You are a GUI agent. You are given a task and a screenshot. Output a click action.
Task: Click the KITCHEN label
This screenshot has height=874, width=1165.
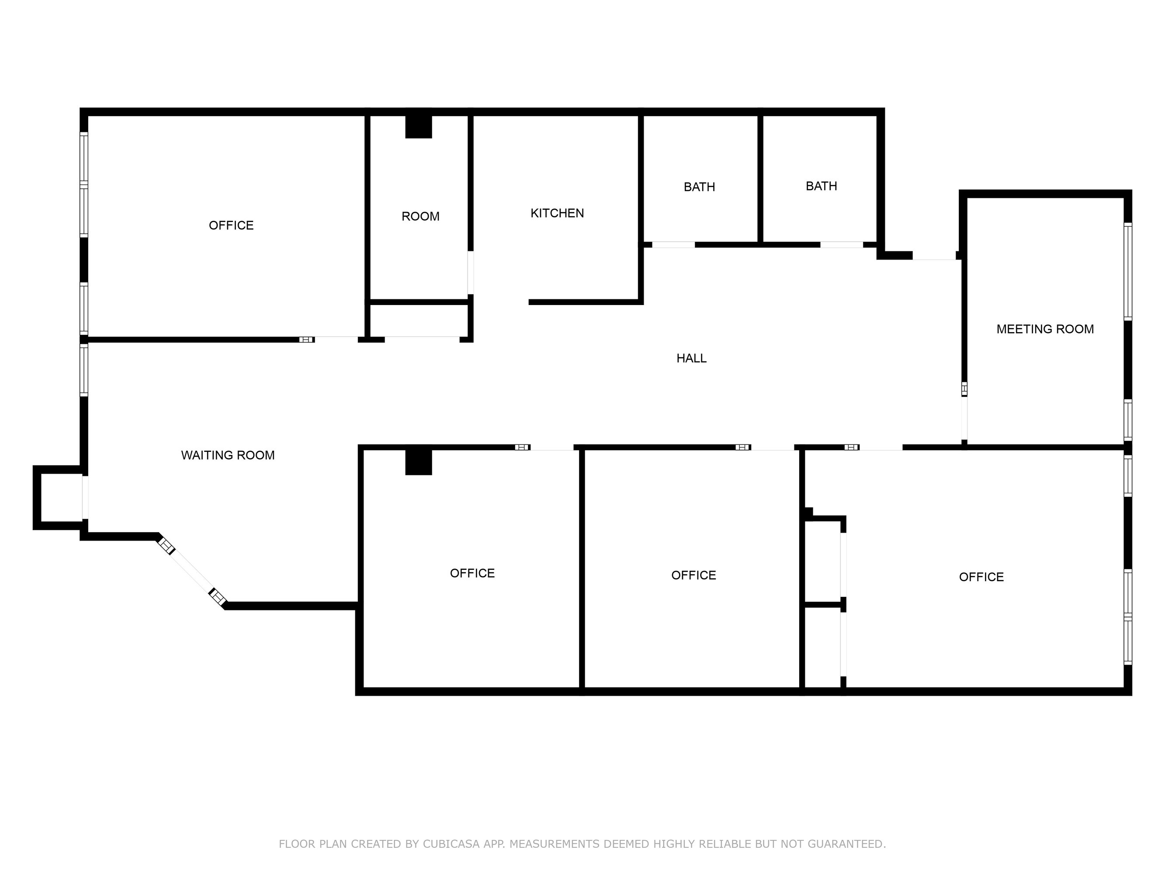[557, 213]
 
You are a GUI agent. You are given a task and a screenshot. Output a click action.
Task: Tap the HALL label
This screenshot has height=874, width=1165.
[691, 358]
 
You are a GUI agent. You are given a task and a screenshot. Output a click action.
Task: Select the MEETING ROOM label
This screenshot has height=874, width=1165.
[1045, 329]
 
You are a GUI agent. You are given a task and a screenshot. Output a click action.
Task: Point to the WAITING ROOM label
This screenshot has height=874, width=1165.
[228, 455]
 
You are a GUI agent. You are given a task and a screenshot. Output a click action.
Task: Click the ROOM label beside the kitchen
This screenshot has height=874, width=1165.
[420, 216]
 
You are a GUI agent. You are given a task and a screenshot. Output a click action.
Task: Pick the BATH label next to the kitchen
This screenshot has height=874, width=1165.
[700, 187]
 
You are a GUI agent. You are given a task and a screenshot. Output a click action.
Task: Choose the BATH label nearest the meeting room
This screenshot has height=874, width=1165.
[821, 186]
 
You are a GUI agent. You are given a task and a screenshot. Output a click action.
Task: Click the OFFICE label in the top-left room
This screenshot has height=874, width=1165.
[231, 225]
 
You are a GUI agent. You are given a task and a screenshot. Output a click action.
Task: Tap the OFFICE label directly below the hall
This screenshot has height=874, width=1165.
[693, 575]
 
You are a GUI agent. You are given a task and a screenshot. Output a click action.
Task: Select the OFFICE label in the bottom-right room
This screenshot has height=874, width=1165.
[981, 577]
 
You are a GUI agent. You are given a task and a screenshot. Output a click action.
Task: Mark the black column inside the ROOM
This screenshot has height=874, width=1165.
[418, 126]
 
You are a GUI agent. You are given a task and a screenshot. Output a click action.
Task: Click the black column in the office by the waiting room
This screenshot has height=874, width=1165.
[418, 462]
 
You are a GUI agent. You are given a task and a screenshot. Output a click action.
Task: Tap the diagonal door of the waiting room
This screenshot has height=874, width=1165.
[192, 572]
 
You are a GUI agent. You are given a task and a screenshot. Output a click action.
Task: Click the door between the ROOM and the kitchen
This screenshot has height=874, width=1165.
[470, 272]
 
